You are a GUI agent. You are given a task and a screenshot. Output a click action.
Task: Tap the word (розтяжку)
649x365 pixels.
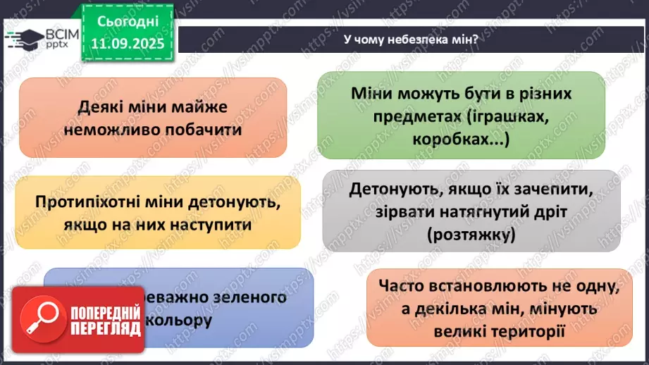[x=470, y=234]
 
